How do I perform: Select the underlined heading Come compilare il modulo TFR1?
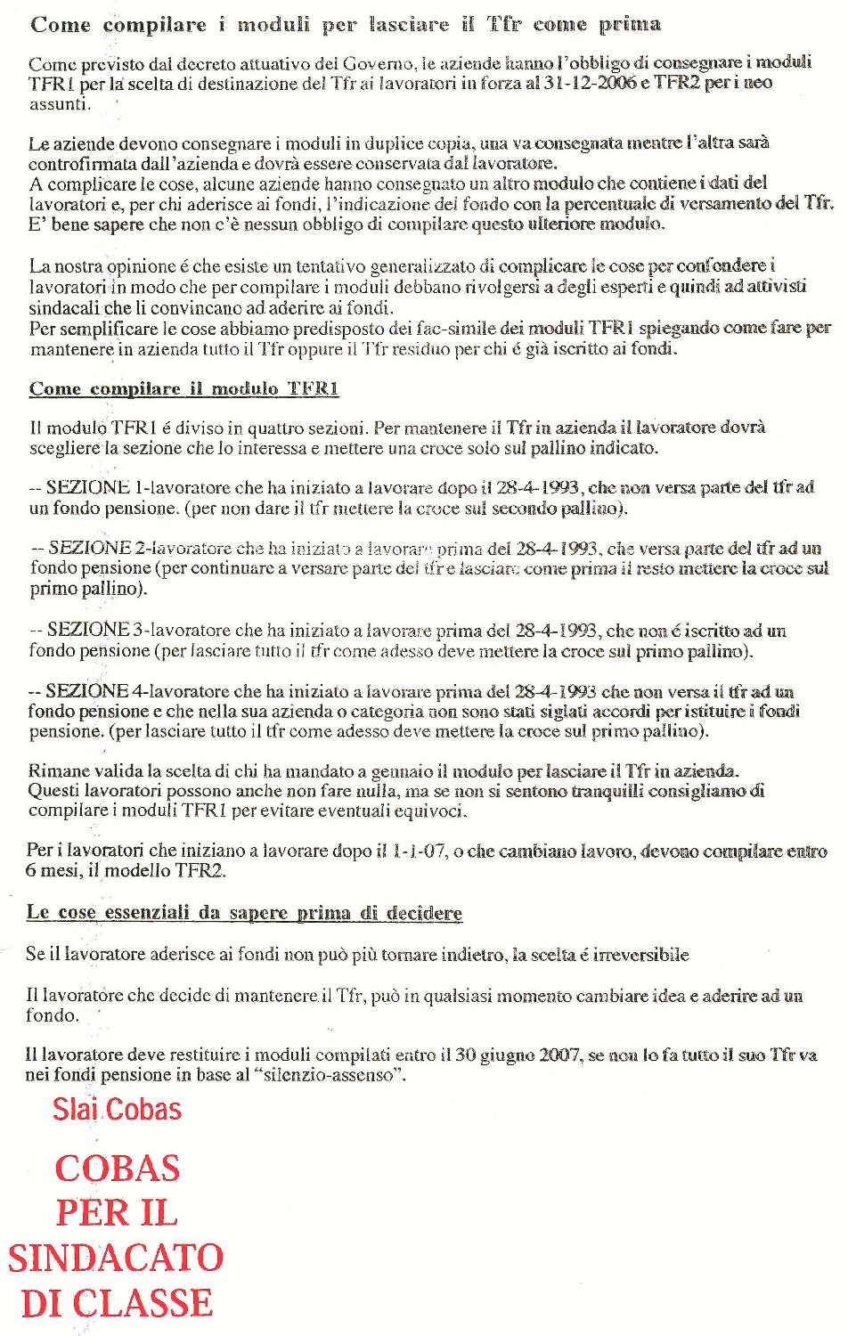click(x=183, y=389)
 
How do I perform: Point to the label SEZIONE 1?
click(x=94, y=487)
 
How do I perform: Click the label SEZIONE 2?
click(x=94, y=548)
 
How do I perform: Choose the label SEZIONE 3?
click(x=94, y=630)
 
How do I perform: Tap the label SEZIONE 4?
click(x=94, y=690)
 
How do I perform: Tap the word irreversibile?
click(x=641, y=955)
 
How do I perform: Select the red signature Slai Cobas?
click(x=117, y=1110)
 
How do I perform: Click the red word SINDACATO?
click(x=116, y=1258)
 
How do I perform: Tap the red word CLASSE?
click(x=143, y=1303)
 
